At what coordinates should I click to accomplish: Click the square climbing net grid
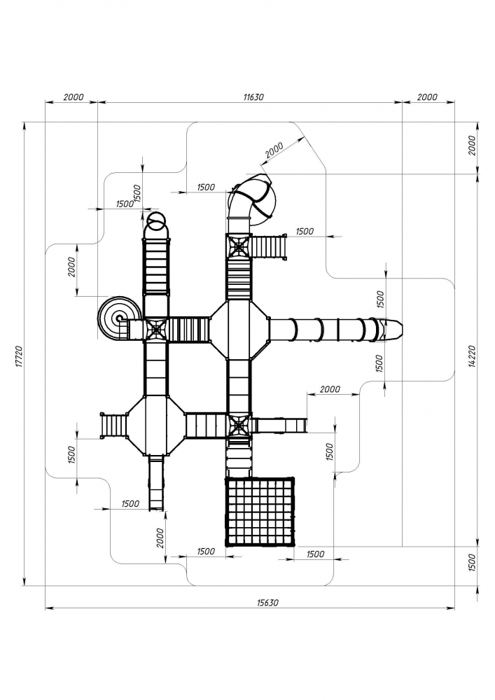coord(260,511)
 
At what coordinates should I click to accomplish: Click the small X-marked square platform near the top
coord(239,244)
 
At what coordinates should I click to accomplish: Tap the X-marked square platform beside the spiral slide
coord(155,328)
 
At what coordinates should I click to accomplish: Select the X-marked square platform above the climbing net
coord(239,425)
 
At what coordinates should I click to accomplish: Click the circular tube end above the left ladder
coord(156,223)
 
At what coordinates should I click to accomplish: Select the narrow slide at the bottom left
coord(157,483)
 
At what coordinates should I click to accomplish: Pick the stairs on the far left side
coord(112,425)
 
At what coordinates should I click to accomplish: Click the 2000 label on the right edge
coord(471,146)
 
